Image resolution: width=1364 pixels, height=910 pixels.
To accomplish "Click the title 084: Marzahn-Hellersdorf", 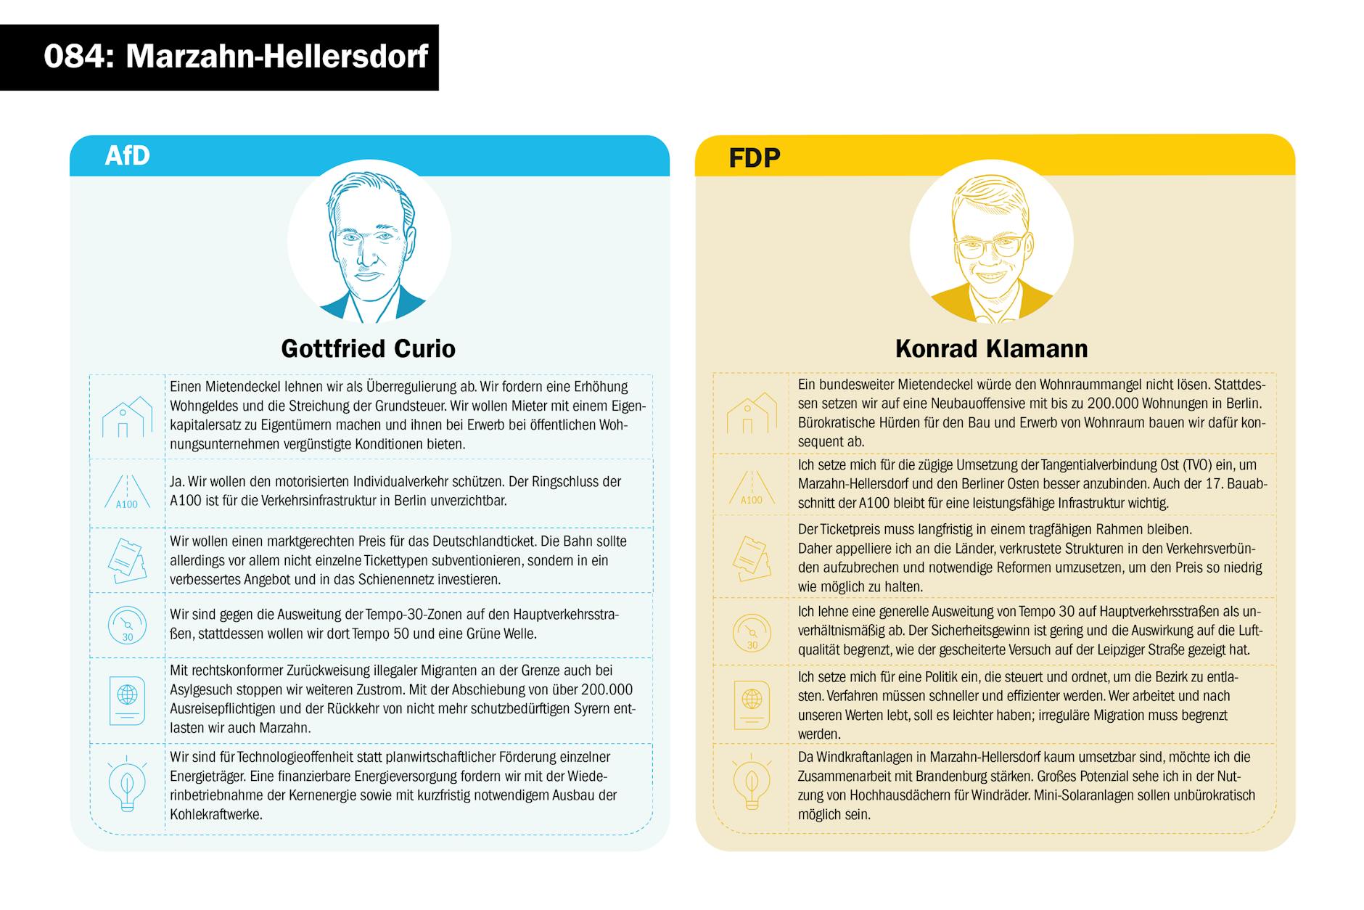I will tap(236, 57).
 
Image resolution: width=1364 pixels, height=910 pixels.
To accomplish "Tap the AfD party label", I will tap(127, 155).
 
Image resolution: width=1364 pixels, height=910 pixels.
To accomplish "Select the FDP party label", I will tap(754, 157).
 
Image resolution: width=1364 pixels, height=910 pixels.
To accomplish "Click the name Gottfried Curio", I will tap(368, 348).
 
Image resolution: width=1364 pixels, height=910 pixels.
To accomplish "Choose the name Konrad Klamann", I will tap(991, 348).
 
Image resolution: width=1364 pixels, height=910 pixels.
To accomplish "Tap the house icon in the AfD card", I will tap(127, 417).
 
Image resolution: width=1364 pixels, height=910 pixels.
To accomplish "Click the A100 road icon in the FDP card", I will tap(752, 488).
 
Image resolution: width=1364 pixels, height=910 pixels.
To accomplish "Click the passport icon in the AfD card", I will tap(127, 700).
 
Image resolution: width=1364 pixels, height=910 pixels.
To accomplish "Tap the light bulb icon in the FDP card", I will tap(752, 784).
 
